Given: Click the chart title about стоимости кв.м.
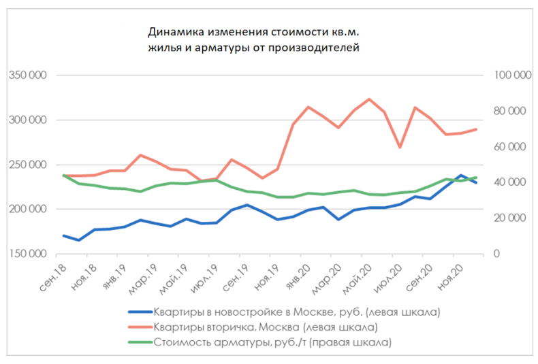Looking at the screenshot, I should click(253, 39).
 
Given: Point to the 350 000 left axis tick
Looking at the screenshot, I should click(27, 75).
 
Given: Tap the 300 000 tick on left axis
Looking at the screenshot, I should click(27, 120).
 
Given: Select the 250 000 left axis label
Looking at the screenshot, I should click(27, 165).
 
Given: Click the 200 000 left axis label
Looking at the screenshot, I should click(27, 209).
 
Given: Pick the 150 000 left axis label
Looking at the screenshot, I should click(27, 254).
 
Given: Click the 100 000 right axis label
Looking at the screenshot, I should click(510, 75).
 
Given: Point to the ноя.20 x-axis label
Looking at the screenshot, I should click(448, 275).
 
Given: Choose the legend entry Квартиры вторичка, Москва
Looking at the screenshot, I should click(266, 327).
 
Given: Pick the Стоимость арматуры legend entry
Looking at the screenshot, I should click(272, 342).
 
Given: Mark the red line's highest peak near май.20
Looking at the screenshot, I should click(369, 99).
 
